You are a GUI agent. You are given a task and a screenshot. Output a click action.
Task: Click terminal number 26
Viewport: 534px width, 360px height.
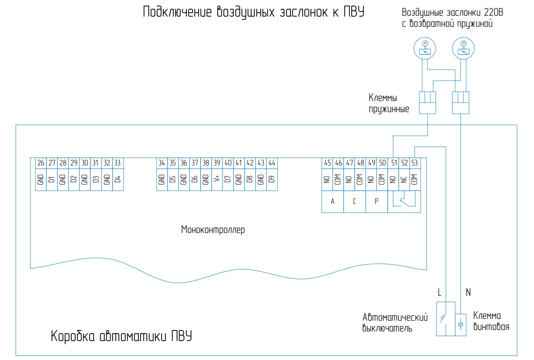click(41, 163)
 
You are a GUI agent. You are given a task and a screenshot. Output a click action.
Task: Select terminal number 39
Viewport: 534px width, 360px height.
click(217, 163)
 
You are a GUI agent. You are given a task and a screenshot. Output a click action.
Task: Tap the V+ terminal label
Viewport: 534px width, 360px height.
click(217, 179)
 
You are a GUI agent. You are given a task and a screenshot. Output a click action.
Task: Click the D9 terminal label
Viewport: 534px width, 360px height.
click(272, 179)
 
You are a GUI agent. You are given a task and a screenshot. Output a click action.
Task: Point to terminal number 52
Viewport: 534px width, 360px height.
click(404, 163)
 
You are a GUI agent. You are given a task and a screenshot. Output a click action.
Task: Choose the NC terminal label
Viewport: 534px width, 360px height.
click(404, 179)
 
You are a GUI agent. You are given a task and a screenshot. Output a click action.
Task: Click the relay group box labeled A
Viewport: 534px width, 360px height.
click(333, 202)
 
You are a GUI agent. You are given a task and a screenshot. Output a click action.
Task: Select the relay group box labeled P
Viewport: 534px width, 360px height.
click(377, 202)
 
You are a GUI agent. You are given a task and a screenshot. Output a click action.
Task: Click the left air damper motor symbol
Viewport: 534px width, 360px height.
click(425, 48)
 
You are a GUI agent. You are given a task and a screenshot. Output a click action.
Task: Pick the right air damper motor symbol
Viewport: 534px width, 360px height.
click(463, 48)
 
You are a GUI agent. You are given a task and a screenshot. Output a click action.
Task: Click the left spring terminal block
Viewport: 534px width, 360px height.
click(428, 103)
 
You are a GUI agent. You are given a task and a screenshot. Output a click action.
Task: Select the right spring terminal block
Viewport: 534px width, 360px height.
click(461, 103)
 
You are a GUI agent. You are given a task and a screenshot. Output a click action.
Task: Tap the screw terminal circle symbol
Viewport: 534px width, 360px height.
click(461, 324)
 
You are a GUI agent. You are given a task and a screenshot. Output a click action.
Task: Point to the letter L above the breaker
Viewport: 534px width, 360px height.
click(440, 292)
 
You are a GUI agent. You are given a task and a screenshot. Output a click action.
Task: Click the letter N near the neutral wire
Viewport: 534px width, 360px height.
click(468, 292)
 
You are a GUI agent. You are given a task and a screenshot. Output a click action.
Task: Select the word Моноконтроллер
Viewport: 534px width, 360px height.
click(213, 230)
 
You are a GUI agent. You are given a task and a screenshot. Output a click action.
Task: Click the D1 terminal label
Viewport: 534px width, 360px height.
click(52, 179)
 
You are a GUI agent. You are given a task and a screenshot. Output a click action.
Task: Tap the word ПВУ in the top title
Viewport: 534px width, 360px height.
click(354, 12)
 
